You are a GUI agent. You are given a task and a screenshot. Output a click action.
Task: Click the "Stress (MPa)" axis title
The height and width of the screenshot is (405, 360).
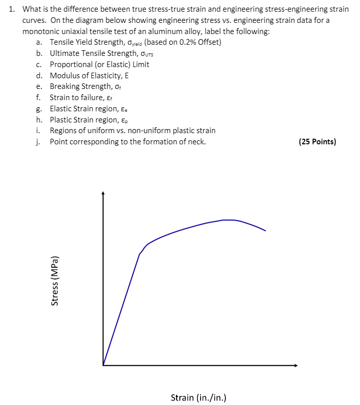(x=55, y=279)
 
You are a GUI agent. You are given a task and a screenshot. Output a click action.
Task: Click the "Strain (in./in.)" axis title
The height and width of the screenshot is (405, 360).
(x=198, y=397)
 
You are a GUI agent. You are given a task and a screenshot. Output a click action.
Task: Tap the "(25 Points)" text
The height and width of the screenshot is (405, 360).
(x=317, y=142)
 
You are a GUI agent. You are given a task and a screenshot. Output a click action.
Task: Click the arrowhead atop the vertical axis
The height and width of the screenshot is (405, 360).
(x=103, y=194)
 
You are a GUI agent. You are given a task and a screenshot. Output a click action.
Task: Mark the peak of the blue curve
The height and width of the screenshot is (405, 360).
(x=228, y=220)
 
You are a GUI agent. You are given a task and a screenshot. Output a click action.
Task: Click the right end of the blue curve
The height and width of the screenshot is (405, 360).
(x=265, y=231)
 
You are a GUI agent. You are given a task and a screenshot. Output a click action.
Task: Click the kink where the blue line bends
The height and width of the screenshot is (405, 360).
(x=140, y=254)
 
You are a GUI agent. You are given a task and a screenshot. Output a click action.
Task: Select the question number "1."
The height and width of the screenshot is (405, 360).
(x=14, y=9)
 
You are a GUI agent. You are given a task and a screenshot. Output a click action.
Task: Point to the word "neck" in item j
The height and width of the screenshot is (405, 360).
(x=195, y=142)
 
